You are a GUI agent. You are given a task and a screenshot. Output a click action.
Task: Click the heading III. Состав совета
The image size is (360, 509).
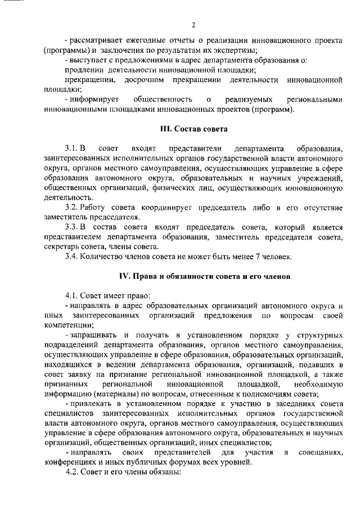click(x=193, y=130)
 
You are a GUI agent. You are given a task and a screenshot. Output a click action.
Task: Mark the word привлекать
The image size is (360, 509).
click(x=94, y=403)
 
